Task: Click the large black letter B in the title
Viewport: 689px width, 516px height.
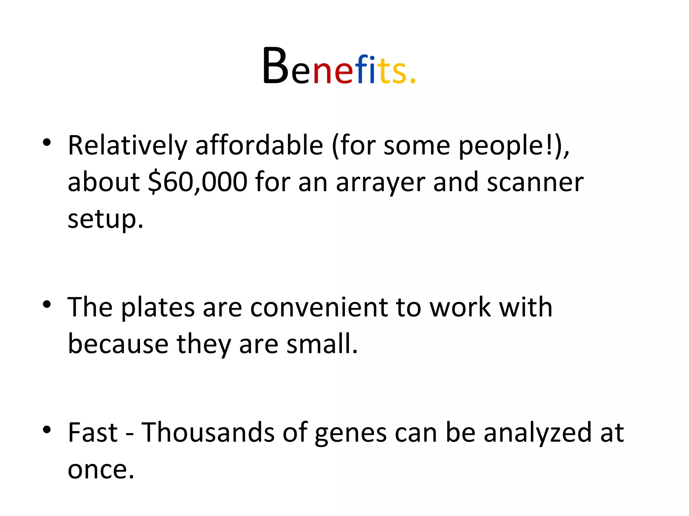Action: tap(275, 66)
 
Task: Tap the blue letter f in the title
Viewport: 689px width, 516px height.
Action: tap(362, 69)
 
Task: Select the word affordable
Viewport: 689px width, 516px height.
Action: tap(259, 145)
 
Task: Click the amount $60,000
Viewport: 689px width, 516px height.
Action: tap(198, 182)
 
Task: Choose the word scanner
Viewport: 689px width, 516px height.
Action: tap(535, 182)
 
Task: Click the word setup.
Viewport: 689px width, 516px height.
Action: tap(105, 219)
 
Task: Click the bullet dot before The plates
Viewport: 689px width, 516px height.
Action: tap(47, 304)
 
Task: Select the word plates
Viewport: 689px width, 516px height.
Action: tap(157, 308)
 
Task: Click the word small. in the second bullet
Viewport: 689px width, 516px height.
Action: tap(322, 344)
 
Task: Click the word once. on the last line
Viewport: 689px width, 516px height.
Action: tap(101, 469)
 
